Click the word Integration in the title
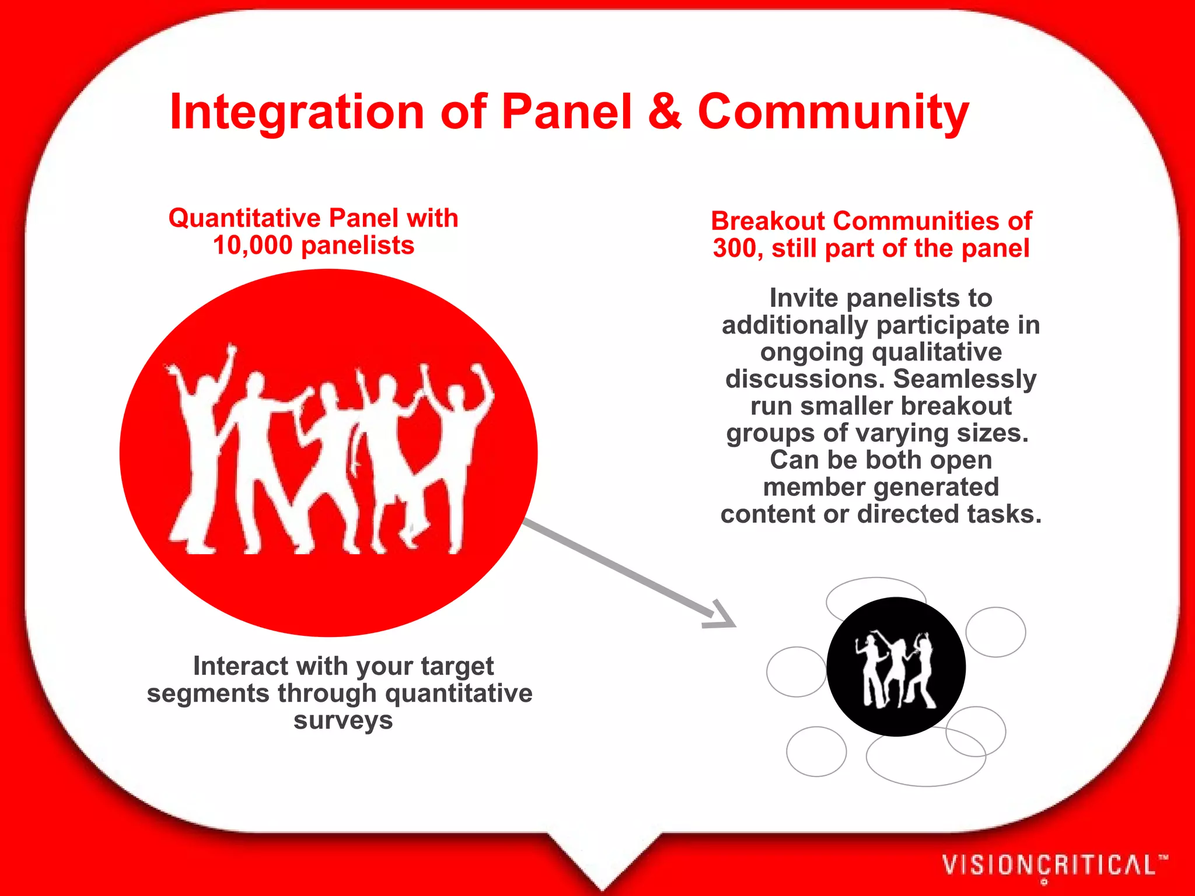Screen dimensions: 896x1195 [296, 112]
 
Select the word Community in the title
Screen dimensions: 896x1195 [833, 112]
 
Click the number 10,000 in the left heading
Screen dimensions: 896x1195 [252, 246]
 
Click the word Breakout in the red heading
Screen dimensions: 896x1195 [768, 221]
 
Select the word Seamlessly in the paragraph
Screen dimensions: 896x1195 [965, 379]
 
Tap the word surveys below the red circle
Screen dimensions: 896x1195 [343, 720]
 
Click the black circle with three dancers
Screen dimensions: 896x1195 [896, 667]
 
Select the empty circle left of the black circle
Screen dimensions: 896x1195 [795, 672]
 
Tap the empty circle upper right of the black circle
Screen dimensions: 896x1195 [995, 632]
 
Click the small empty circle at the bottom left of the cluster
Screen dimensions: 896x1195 [816, 751]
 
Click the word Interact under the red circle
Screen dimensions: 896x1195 [240, 666]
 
